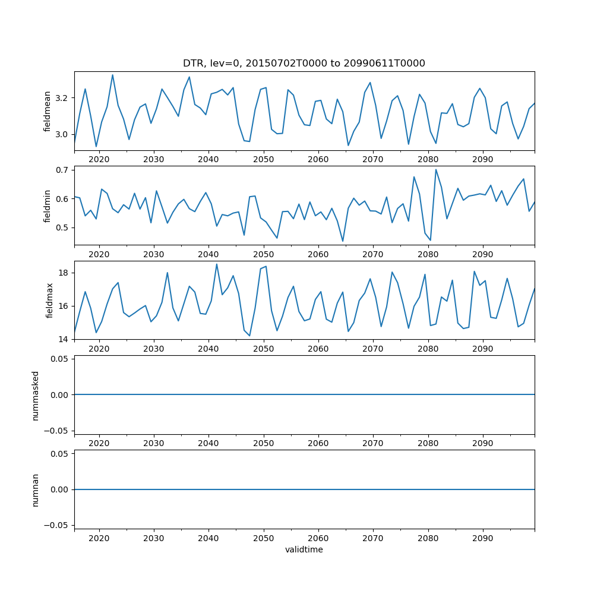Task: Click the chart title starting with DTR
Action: click(304, 64)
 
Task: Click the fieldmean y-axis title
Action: click(47, 111)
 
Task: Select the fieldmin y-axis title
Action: click(47, 206)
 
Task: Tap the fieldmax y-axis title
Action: click(50, 300)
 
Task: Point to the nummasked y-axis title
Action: click(35, 395)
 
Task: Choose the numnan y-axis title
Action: click(35, 489)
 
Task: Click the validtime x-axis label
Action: click(304, 550)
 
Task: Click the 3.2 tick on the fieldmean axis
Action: click(62, 97)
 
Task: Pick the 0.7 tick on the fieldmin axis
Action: click(62, 170)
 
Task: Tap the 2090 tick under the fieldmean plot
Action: click(482, 159)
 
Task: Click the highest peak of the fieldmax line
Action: click(217, 264)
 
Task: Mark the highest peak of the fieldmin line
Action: click(436, 169)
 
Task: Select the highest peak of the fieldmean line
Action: click(112, 75)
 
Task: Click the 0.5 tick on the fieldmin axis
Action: click(62, 228)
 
